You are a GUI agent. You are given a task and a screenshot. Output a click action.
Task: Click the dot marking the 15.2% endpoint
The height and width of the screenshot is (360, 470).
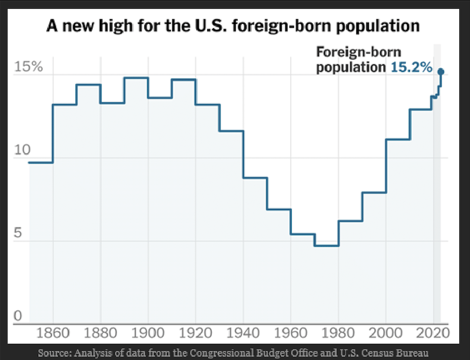pos(441,72)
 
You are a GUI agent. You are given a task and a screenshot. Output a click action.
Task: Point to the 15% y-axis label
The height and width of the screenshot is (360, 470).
pos(28,67)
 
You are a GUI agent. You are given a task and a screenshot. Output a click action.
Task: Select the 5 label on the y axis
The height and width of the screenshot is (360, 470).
pos(18,233)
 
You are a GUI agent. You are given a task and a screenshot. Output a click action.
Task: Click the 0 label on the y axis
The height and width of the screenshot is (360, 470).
pos(18,316)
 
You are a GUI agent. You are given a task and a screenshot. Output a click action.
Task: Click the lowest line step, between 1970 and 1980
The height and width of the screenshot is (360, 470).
pos(326,246)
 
